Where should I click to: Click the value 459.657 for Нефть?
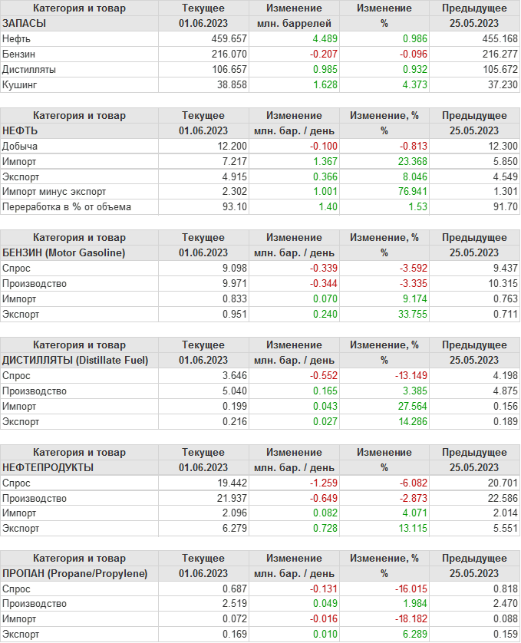point(229,38)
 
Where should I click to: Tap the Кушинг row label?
point(20,84)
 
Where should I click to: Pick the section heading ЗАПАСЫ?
point(25,23)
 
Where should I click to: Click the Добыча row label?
point(20,146)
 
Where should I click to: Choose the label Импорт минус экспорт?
point(54,192)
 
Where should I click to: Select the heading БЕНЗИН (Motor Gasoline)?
point(64,252)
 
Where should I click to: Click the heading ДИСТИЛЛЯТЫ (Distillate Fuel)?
point(75,360)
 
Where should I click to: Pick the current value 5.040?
point(232,391)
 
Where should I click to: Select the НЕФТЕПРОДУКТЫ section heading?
point(48,467)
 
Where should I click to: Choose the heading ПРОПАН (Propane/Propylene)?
point(75,574)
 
